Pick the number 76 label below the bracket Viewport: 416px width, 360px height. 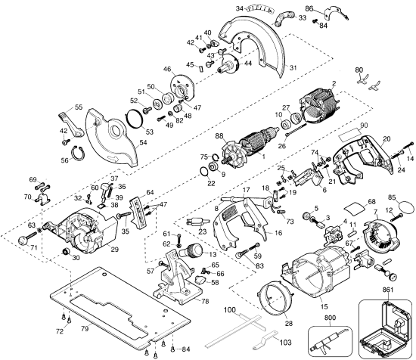click(x=204, y=301)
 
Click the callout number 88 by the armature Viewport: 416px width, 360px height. click(x=219, y=136)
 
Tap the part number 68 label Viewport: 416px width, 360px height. click(x=349, y=201)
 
